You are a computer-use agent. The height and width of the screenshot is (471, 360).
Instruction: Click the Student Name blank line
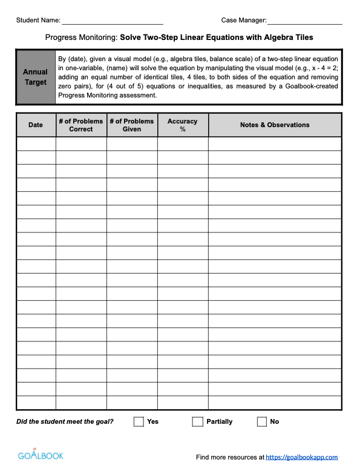[x=113, y=21]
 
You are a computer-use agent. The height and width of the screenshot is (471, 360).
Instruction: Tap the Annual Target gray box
[x=36, y=77]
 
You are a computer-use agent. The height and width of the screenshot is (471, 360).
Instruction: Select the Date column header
[x=36, y=125]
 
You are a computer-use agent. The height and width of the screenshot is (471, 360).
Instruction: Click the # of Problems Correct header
[x=81, y=125]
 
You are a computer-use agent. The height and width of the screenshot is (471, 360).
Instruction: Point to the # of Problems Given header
[x=132, y=125]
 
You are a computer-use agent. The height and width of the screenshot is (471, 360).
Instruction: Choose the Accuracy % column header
[x=183, y=125]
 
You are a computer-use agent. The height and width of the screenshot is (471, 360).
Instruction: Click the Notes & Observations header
[x=275, y=125]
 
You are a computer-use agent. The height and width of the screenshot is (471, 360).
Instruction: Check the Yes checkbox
[x=139, y=421]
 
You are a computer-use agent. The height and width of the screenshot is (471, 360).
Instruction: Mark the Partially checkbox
[x=197, y=421]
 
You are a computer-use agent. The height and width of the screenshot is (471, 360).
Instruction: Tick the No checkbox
[x=261, y=421]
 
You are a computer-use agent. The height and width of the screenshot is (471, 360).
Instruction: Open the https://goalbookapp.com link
[x=302, y=458]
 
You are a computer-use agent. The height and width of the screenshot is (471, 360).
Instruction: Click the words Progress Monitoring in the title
[x=82, y=38]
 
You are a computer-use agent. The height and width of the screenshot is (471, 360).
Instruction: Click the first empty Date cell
[x=36, y=143]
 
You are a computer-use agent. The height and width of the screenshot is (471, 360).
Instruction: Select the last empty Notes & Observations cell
[x=275, y=403]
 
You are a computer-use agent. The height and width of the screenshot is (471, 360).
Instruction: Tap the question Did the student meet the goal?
[x=65, y=421]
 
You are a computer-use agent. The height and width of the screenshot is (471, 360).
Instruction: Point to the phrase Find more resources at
[x=231, y=458]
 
